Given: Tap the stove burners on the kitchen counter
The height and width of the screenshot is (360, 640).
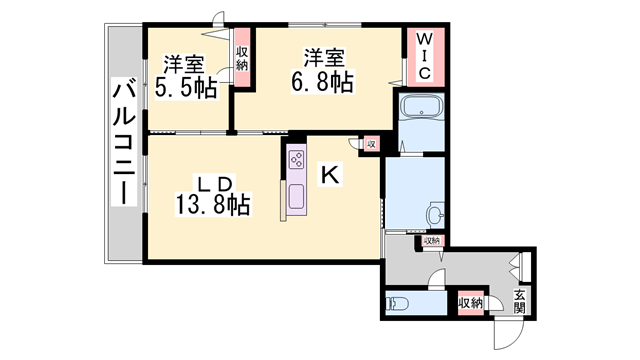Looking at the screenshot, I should pos(298,159).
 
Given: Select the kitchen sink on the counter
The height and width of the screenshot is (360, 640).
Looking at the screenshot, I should pos(298,196).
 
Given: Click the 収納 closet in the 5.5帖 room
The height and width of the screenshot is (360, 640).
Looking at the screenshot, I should pos(242,57).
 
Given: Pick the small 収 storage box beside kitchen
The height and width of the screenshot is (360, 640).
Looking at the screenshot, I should pos(370,144).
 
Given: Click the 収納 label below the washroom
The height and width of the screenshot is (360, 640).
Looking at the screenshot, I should pos(430,241).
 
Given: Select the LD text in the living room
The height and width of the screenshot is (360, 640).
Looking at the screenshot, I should pos(213,183).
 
